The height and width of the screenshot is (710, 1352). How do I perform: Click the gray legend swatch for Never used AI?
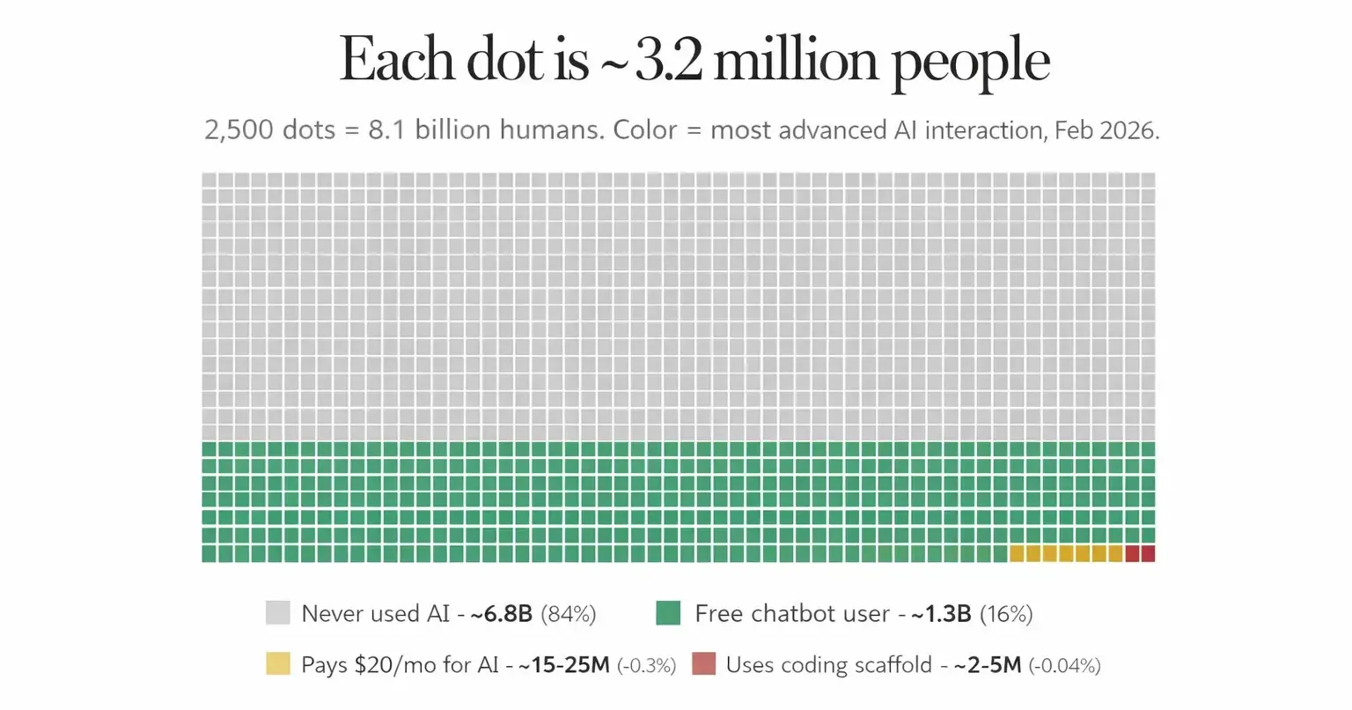277,613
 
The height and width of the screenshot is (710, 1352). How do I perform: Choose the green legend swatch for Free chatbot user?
668,613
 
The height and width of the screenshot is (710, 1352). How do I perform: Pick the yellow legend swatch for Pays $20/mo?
277,664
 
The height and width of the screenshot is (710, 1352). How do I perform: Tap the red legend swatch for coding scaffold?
703,664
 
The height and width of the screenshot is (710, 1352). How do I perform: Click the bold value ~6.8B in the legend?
502,614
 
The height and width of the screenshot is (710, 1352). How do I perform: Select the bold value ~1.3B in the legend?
941,614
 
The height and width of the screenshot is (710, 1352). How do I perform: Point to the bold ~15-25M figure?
564,665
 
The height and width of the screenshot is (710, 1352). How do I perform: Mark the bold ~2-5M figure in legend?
988,665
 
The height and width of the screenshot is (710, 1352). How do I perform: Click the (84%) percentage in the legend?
569,614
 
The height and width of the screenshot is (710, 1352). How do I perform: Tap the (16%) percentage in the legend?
1006,614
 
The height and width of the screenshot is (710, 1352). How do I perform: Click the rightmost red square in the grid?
1148,553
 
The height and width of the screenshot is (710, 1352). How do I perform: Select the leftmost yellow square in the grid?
1017,553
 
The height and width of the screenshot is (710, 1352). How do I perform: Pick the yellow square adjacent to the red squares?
1115,553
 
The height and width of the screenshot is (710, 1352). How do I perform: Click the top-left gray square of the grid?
209,180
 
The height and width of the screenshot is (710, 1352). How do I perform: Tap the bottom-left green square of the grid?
209,553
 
